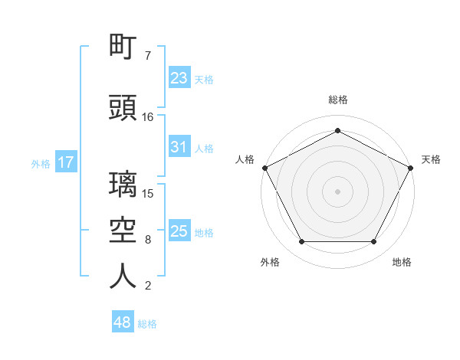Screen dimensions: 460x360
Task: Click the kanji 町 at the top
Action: click(123, 46)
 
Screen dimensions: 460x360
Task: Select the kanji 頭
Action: click(123, 107)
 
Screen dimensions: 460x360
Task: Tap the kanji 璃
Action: click(123, 184)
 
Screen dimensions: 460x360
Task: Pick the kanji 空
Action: click(123, 230)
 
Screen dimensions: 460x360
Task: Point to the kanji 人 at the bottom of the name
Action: click(123, 276)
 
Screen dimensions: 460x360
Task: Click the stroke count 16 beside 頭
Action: click(147, 117)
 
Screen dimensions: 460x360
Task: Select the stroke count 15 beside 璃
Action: click(147, 194)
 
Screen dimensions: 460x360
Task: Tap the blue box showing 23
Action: click(179, 77)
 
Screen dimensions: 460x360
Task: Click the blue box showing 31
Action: click(179, 146)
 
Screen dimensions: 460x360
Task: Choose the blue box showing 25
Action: click(179, 230)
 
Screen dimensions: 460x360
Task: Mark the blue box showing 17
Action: click(66, 162)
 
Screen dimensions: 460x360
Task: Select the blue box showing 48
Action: click(123, 321)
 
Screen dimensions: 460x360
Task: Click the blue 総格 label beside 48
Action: click(147, 324)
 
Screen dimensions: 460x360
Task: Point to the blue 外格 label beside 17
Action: click(41, 164)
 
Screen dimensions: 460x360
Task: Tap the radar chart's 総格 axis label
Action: click(338, 100)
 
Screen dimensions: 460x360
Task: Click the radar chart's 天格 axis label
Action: click(431, 159)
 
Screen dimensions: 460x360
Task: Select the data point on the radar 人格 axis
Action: click(265, 168)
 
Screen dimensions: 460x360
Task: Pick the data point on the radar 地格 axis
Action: click(374, 242)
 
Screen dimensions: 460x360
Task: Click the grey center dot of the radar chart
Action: click(337, 191)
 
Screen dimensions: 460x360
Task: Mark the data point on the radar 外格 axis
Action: click(302, 242)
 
